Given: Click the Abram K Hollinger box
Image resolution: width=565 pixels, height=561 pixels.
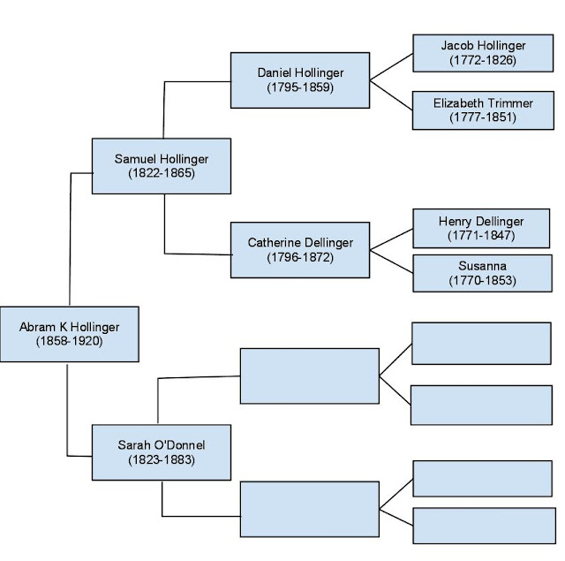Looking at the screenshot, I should click(69, 334).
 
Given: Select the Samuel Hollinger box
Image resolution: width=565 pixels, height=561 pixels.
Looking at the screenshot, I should click(161, 166).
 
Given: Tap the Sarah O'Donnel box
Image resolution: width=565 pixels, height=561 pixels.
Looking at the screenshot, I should click(161, 452).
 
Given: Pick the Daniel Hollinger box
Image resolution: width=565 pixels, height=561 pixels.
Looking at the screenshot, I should click(299, 80).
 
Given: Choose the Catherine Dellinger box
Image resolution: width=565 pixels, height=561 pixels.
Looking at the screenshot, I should click(299, 249).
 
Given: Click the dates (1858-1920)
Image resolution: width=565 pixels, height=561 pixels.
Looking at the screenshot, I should click(69, 341).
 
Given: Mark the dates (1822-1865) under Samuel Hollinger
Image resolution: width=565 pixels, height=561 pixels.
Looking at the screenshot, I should click(161, 173).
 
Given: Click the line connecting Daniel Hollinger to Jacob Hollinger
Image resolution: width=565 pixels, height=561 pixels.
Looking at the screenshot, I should click(390, 67).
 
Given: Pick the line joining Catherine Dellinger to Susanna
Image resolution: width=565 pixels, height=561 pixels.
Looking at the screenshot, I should click(392, 261).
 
